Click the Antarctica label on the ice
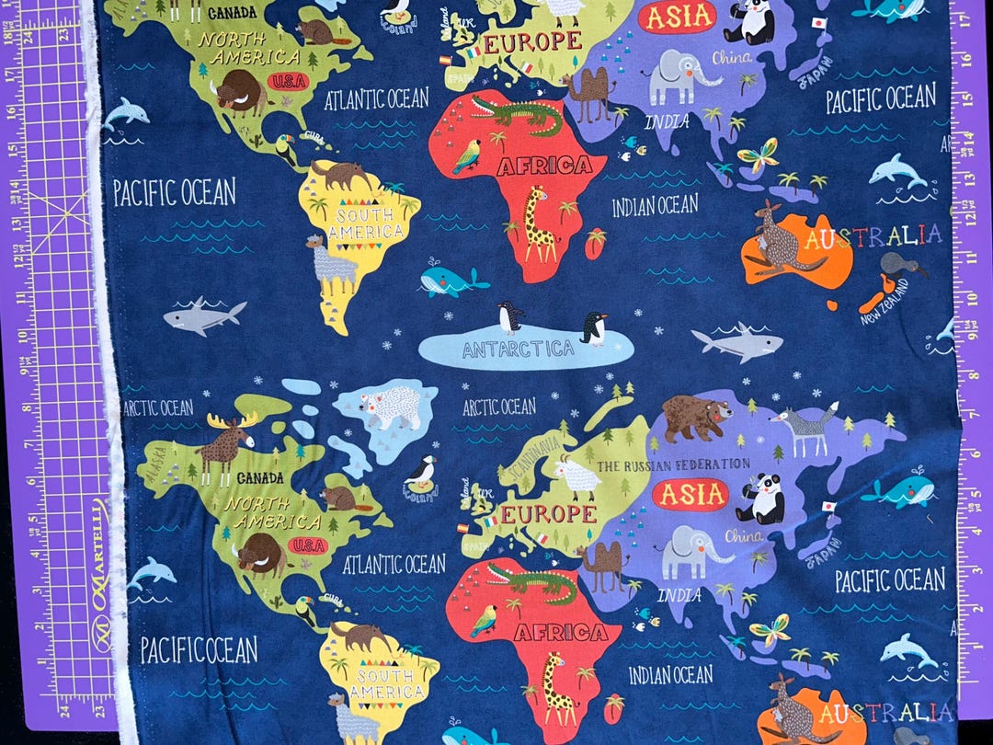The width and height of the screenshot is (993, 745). click(x=519, y=350)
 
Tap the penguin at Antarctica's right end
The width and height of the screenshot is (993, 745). click(x=594, y=327)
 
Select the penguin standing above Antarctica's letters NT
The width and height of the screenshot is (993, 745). click(x=510, y=317)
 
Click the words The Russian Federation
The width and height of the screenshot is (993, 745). click(x=674, y=465)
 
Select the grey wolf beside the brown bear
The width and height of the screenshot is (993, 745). click(x=806, y=429)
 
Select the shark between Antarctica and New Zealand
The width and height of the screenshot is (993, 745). click(x=739, y=343)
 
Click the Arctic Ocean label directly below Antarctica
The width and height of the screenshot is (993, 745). click(x=499, y=407)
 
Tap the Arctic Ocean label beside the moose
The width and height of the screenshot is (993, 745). click(x=158, y=407)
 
